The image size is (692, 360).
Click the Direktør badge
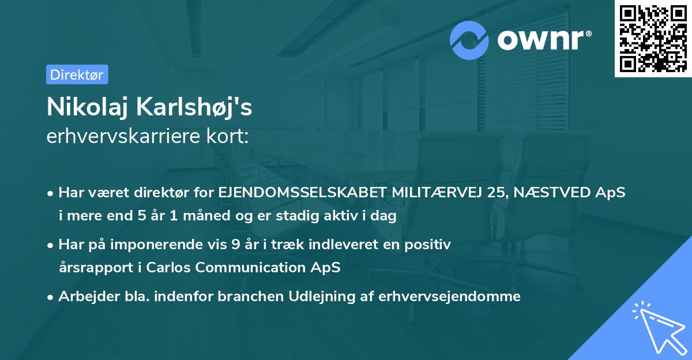tap(77, 74)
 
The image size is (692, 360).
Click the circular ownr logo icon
tap(470, 40)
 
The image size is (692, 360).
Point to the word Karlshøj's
tap(197, 107)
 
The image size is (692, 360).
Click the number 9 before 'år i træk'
tap(235, 245)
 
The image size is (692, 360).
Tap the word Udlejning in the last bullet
tap(326, 297)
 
